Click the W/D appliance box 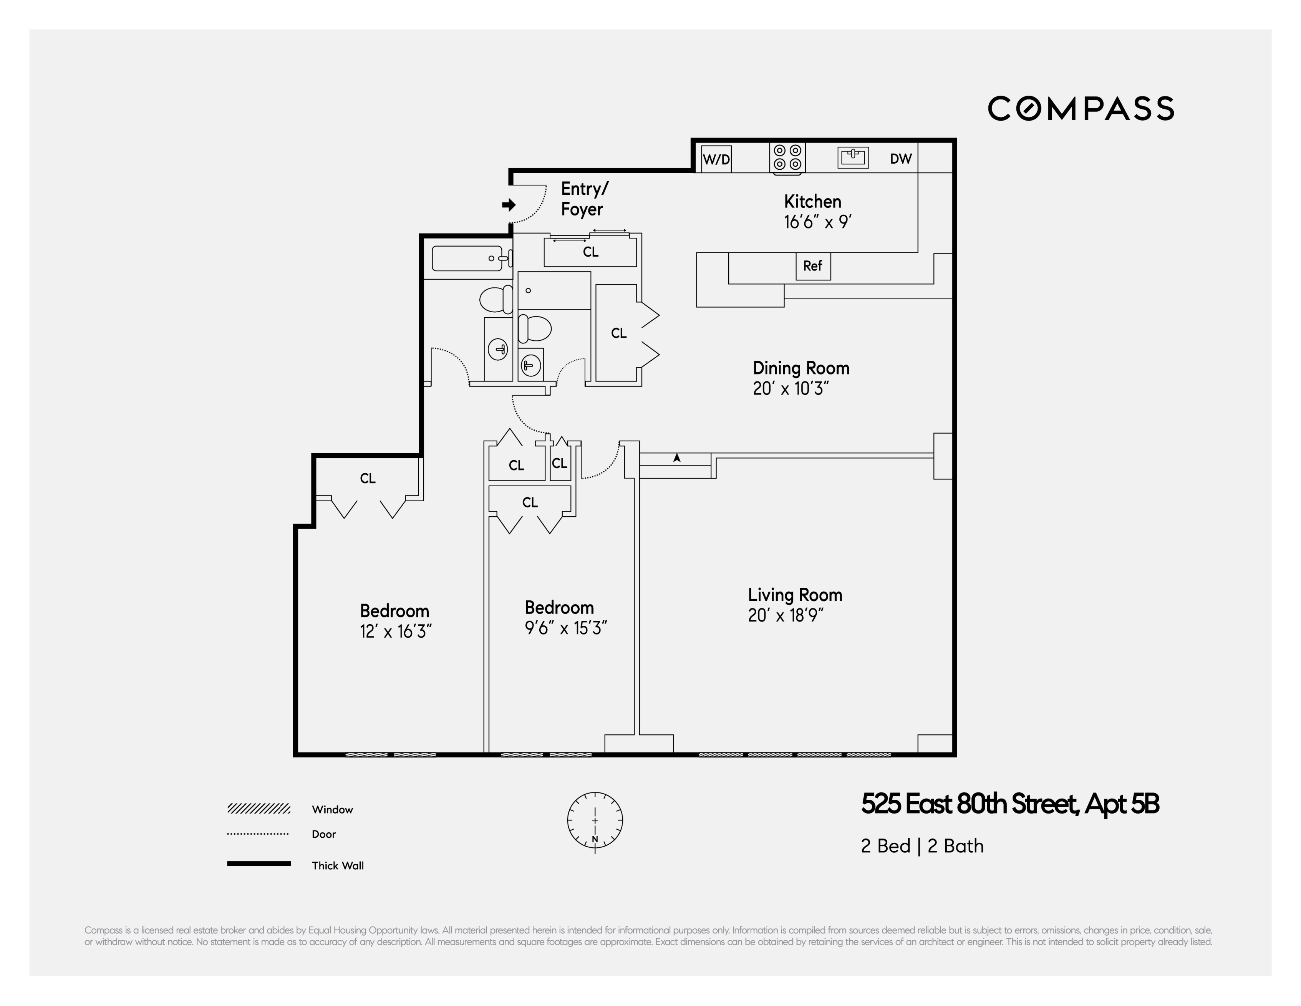click(716, 159)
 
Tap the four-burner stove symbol click(787, 158)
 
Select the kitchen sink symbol click(853, 157)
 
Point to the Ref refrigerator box click(812, 266)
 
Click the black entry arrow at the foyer click(509, 205)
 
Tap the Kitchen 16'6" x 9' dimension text click(817, 222)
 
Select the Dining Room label click(800, 368)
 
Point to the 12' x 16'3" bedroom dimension click(396, 631)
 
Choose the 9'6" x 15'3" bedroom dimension click(565, 628)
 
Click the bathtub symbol click(467, 259)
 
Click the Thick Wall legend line click(259, 863)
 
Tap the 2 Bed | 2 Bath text click(921, 846)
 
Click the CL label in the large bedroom click(368, 478)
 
